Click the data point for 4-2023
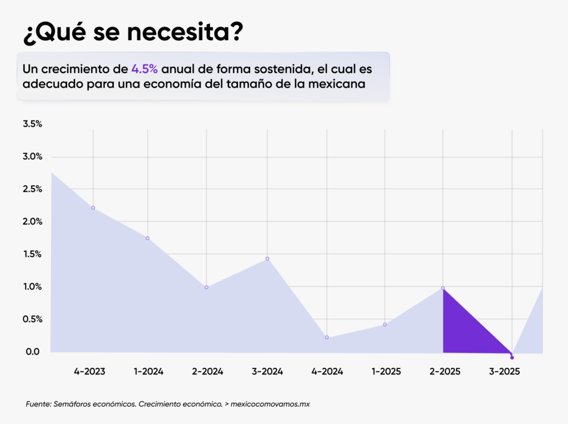pos(93,208)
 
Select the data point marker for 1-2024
pos(148,238)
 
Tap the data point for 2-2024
pos(206,287)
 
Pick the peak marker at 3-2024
pos(267,259)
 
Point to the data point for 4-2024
pos(327,337)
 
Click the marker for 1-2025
pos(385,325)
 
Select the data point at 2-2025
pos(443,288)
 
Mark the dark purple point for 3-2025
pos(512,357)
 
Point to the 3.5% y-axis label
pos(32,124)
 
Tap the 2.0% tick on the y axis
pos(32,221)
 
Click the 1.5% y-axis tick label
pos(32,254)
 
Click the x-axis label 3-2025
pos(504,372)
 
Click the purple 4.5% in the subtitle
pos(145,69)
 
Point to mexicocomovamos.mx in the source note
pos(270,404)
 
